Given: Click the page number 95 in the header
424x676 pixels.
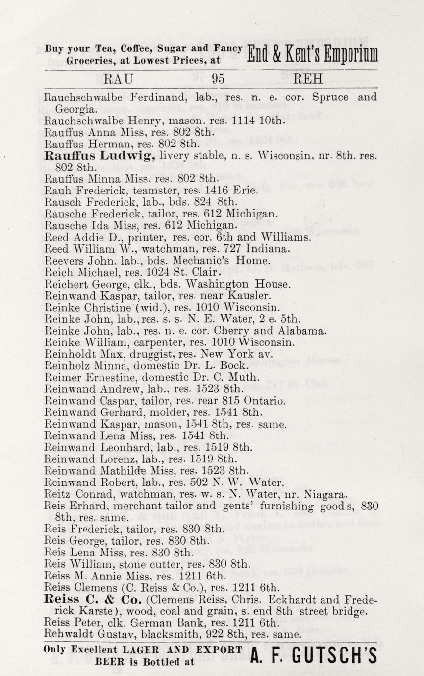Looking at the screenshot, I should tap(218, 79).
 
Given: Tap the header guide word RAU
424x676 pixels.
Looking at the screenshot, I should tap(120, 79).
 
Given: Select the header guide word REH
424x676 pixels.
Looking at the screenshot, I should tap(307, 79).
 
